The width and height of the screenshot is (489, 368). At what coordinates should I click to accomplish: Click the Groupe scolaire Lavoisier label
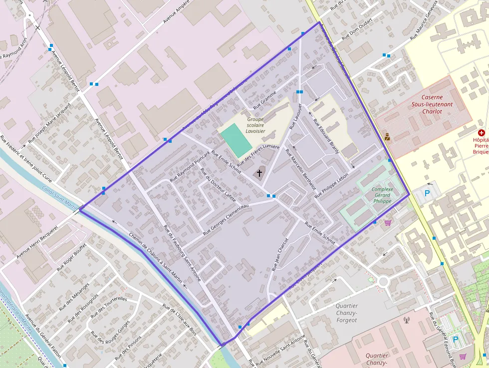tap(255, 125)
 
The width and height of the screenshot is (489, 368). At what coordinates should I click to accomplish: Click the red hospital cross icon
tap(481, 133)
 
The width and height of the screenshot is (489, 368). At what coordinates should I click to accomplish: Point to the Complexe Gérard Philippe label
tap(382, 195)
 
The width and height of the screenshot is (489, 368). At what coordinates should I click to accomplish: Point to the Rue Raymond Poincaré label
tap(190, 165)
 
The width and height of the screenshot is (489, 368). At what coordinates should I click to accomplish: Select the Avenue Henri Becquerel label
tap(37, 242)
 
